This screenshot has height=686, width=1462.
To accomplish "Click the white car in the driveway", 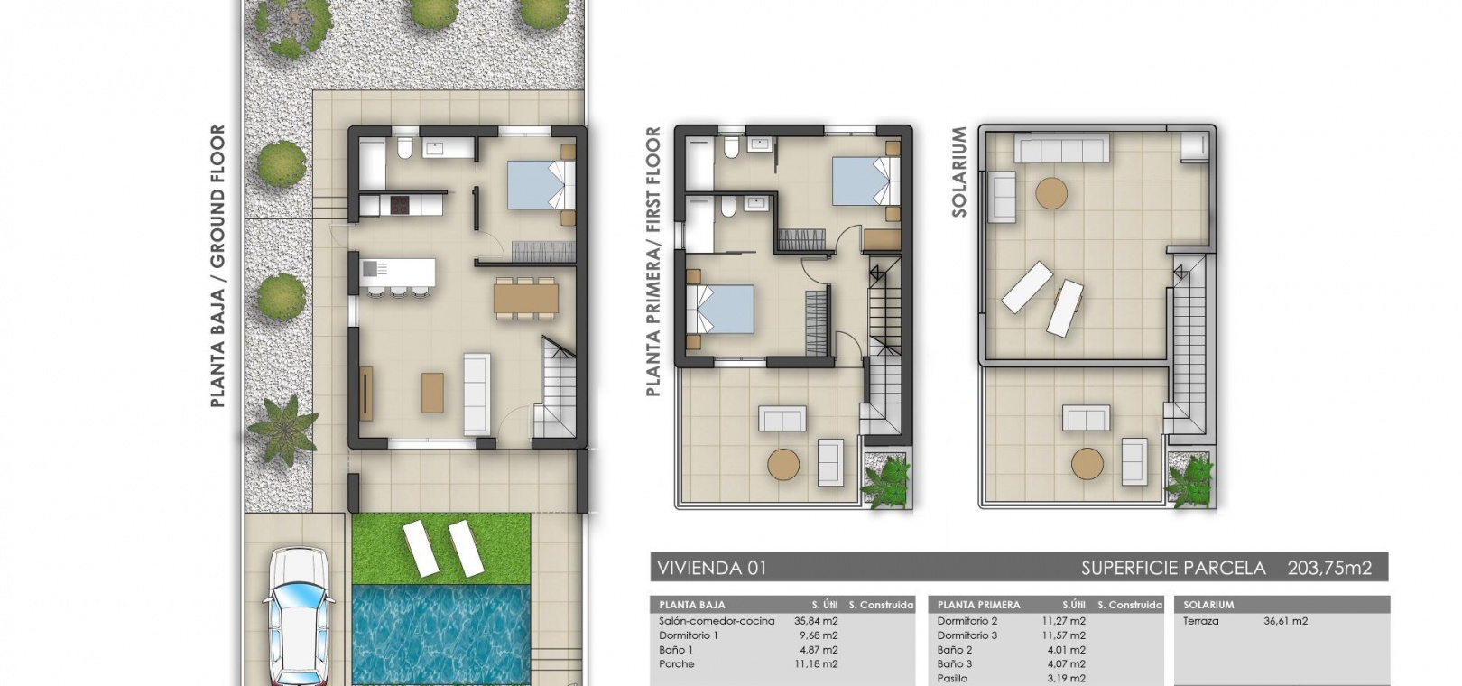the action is (300, 616).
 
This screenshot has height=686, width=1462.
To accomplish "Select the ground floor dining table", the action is (526, 298).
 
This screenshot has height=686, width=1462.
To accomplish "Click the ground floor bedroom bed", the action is (541, 185).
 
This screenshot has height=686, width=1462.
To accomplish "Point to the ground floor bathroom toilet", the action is (404, 148).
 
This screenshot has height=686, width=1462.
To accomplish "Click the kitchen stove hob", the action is (400, 206).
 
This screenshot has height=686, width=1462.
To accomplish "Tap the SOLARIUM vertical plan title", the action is (958, 171).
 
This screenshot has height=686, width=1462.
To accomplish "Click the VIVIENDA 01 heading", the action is (711, 568).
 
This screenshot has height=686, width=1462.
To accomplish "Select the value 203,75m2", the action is (1329, 568).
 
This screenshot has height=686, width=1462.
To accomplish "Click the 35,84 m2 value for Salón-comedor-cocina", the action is (816, 621).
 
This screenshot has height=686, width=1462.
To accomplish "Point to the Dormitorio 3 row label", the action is (967, 635).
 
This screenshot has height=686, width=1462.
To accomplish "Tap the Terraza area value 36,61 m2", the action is (1286, 621).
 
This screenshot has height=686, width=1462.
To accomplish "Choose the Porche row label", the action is (677, 664).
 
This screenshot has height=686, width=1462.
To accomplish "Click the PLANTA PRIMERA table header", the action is (978, 605).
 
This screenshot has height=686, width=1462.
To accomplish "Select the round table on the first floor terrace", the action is (783, 464).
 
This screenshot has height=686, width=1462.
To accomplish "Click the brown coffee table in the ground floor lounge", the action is (432, 393).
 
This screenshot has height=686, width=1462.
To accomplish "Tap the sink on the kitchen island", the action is (370, 268).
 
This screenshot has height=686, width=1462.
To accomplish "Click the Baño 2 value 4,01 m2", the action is (1064, 650).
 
